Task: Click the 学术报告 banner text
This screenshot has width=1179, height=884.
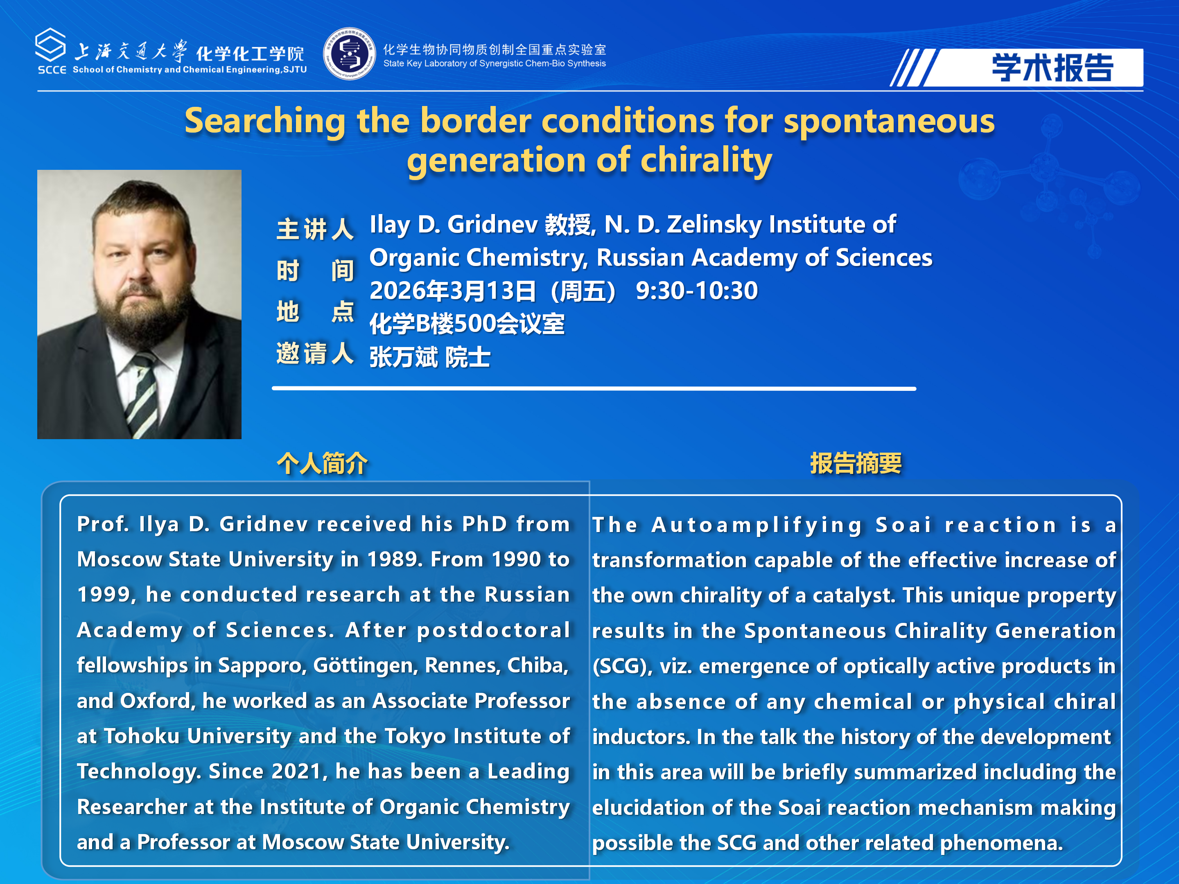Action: click(x=1052, y=68)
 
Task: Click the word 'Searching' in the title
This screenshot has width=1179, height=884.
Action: click(x=265, y=121)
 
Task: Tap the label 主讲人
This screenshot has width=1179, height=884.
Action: click(x=315, y=229)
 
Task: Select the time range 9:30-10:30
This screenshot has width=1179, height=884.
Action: click(x=697, y=291)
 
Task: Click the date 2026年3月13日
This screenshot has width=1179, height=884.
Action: click(x=453, y=291)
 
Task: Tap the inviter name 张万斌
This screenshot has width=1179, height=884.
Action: click(x=404, y=357)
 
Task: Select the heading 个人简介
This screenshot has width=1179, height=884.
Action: click(x=322, y=463)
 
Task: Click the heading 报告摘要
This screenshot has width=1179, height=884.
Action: click(x=856, y=463)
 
